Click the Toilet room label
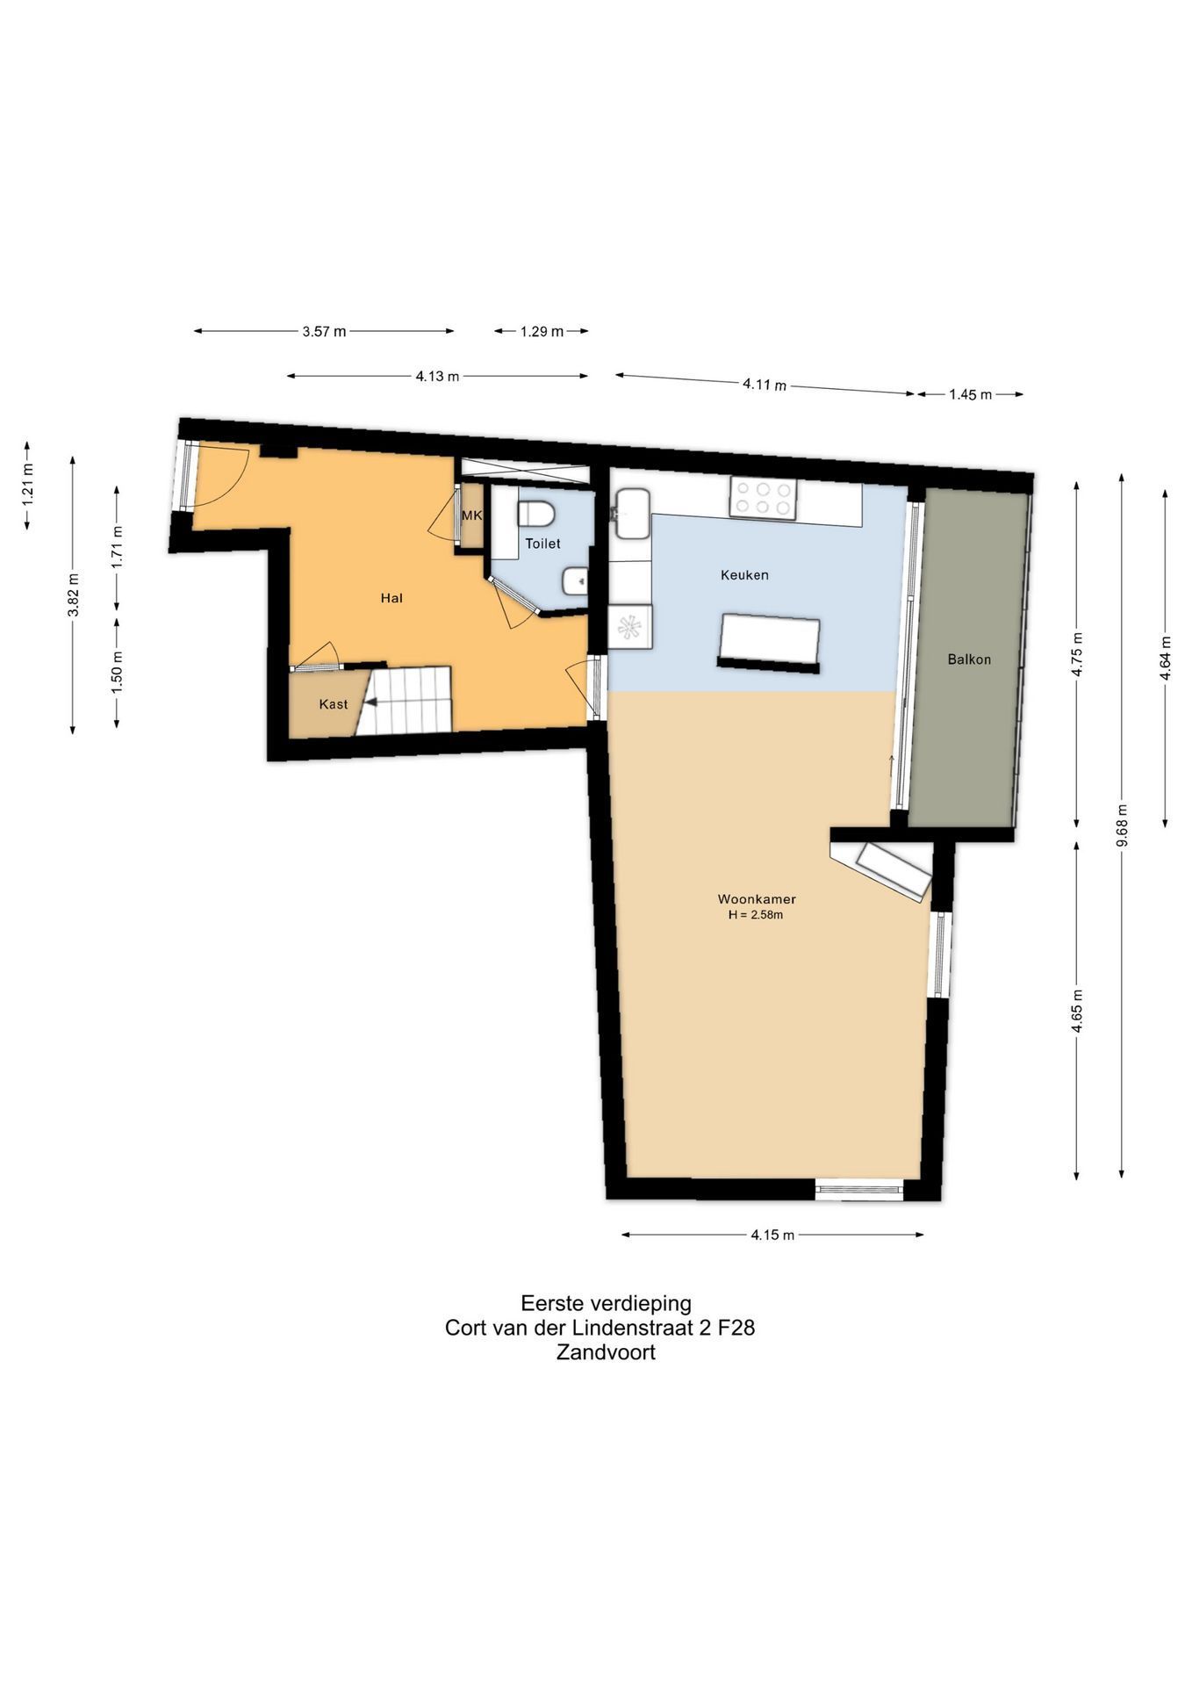coord(542,544)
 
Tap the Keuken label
coord(744,575)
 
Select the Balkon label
coord(969,659)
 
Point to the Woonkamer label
coord(757,899)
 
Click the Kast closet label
coord(334,704)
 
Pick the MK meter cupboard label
coord(472,515)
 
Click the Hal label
coord(391,598)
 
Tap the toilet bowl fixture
coord(535,514)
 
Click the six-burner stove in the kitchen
coord(763,498)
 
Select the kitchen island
coord(770,643)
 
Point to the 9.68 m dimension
coord(1122,825)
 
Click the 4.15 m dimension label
coord(772,1235)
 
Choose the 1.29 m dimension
coord(541,331)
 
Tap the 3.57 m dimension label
coord(324,331)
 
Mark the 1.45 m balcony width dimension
coord(970,394)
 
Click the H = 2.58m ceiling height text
coord(755,915)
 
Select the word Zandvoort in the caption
coord(606,1351)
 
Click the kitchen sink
coord(632,513)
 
